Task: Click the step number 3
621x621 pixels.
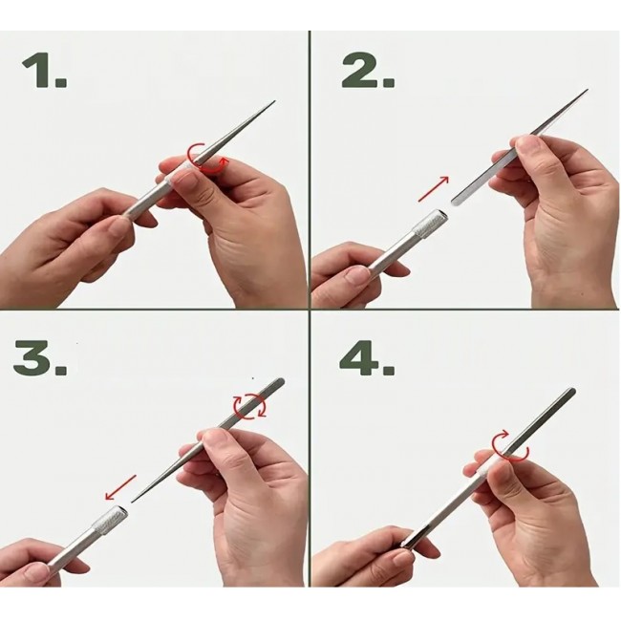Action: [40, 357]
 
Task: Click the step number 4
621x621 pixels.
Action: [367, 357]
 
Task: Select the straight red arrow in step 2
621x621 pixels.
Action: [434, 189]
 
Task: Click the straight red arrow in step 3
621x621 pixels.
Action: [120, 487]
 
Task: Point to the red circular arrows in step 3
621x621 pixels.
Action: [249, 406]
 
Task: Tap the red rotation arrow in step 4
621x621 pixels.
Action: [510, 447]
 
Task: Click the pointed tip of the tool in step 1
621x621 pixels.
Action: [274, 101]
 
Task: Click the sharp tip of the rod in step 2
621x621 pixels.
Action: [588, 90]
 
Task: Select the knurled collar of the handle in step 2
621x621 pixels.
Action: [429, 225]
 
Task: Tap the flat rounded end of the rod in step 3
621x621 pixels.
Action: [282, 381]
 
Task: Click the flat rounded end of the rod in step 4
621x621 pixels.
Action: [571, 391]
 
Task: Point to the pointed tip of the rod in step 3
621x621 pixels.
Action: [132, 502]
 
